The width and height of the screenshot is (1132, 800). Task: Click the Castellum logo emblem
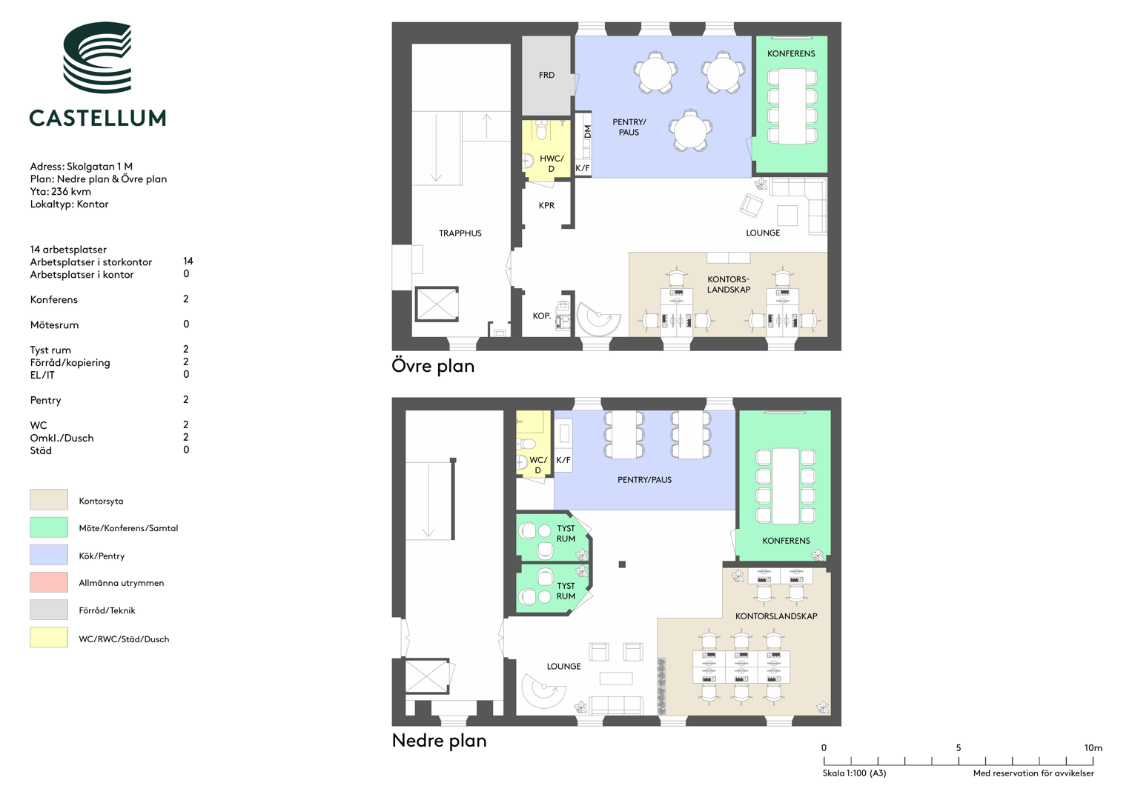[x=97, y=57]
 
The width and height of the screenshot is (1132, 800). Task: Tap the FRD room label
[x=546, y=76]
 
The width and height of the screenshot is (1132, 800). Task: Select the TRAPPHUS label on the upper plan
[x=460, y=233]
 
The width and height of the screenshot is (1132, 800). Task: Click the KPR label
[x=546, y=206]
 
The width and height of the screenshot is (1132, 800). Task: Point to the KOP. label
[x=541, y=316]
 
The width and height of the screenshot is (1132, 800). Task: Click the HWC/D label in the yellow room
[x=552, y=164]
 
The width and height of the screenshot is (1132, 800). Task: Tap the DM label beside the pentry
[x=587, y=133]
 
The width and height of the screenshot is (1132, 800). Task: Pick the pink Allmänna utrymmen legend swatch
[x=48, y=582]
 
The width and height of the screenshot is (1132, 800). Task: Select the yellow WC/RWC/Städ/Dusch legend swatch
[x=48, y=637]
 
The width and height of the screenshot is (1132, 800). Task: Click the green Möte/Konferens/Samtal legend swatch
[x=48, y=527]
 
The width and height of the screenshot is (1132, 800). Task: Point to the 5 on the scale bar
[x=958, y=747]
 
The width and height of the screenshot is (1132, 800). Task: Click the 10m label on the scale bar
[x=1093, y=747]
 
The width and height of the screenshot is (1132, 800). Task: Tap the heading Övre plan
[x=433, y=366]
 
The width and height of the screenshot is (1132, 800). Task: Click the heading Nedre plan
[x=439, y=741]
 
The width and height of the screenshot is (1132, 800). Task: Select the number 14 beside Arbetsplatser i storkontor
[x=188, y=261]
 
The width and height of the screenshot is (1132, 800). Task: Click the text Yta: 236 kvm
[x=61, y=191]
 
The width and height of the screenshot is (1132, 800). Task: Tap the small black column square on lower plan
[x=622, y=564]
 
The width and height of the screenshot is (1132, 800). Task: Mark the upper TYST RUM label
[x=566, y=533]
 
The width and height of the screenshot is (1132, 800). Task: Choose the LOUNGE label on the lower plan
[x=563, y=667]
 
